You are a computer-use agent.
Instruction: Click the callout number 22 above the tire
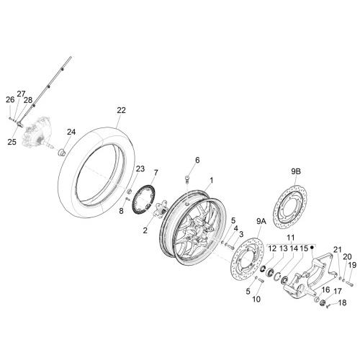click(x=122, y=110)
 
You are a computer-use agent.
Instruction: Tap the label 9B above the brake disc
click(x=296, y=171)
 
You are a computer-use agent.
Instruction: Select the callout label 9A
click(x=261, y=221)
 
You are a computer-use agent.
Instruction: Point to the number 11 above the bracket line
click(x=291, y=238)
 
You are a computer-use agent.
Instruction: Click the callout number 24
click(x=71, y=132)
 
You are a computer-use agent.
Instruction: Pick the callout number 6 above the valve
click(x=197, y=160)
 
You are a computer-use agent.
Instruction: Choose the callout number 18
click(x=343, y=302)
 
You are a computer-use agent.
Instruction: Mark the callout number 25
click(x=12, y=142)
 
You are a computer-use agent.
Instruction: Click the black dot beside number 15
click(x=312, y=247)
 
